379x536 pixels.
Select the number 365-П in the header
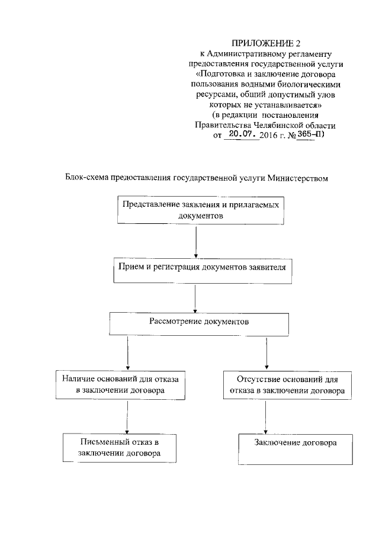[x=304, y=135]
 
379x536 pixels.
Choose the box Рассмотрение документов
[x=198, y=323]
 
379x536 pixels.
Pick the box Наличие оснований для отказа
[x=121, y=384]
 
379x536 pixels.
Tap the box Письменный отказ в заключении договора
[x=120, y=447]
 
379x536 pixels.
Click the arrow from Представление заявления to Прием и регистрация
[x=195, y=240]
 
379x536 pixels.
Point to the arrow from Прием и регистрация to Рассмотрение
[x=195, y=297]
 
